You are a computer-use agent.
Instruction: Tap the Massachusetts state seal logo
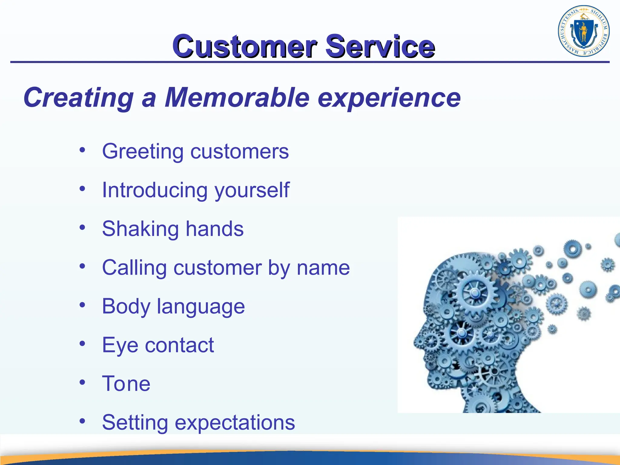point(583,31)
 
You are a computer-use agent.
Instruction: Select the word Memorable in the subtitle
point(237,97)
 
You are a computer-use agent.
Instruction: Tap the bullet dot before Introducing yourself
point(82,189)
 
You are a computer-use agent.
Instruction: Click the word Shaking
point(140,229)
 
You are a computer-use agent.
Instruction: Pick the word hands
point(214,229)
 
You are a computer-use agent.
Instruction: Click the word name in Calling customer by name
point(323,268)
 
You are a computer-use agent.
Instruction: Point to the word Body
point(126,307)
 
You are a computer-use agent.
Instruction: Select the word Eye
point(120,345)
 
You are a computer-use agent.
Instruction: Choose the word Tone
point(126,384)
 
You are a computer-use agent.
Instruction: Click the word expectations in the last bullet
point(235,423)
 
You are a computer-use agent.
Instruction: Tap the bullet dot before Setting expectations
point(82,421)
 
